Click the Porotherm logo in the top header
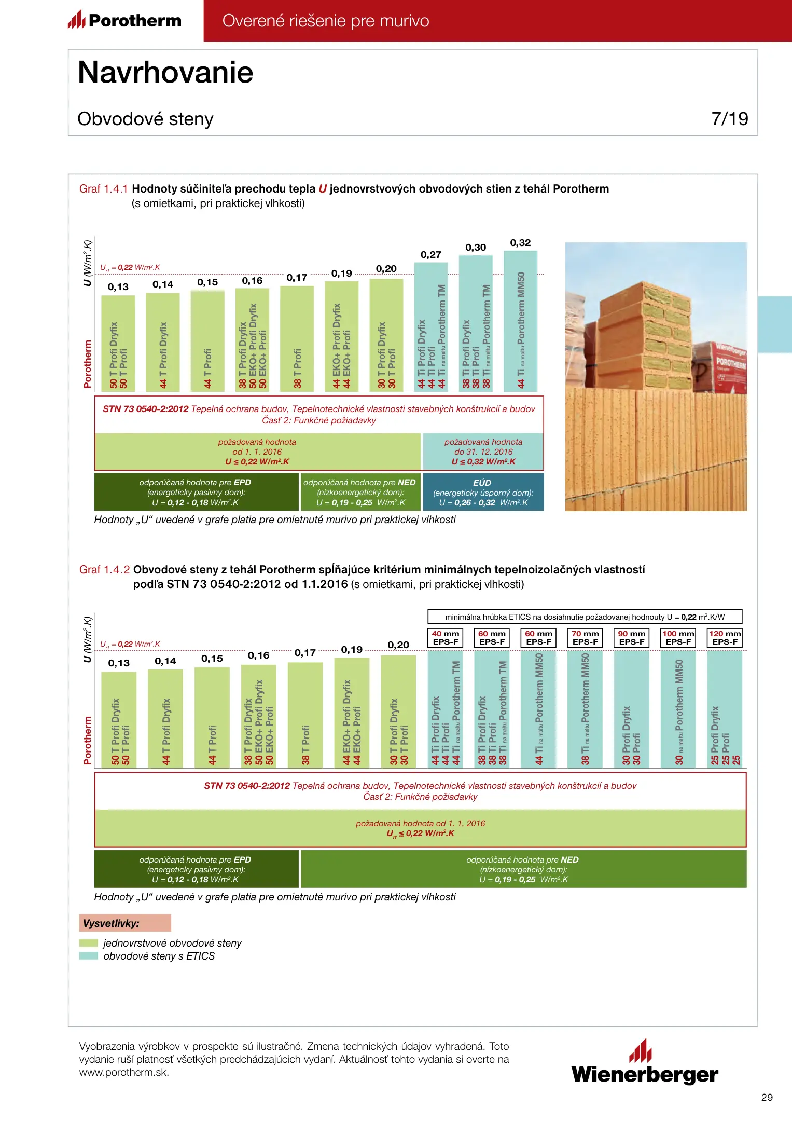(124, 20)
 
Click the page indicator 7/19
(729, 119)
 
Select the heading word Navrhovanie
(165, 72)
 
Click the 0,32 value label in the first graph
(520, 243)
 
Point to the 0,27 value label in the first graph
(430, 255)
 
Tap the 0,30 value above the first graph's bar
(476, 248)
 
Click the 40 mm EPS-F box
(446, 638)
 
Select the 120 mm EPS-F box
(725, 638)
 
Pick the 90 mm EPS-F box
(631, 638)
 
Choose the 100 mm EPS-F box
(678, 638)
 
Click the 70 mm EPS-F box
(585, 638)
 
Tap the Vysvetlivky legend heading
(124, 923)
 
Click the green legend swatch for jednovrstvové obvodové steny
(89, 943)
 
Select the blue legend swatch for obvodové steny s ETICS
(89, 956)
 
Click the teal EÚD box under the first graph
(483, 492)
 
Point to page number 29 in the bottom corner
(767, 1097)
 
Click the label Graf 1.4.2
(104, 570)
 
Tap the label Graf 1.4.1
(103, 189)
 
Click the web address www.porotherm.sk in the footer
(124, 1073)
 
